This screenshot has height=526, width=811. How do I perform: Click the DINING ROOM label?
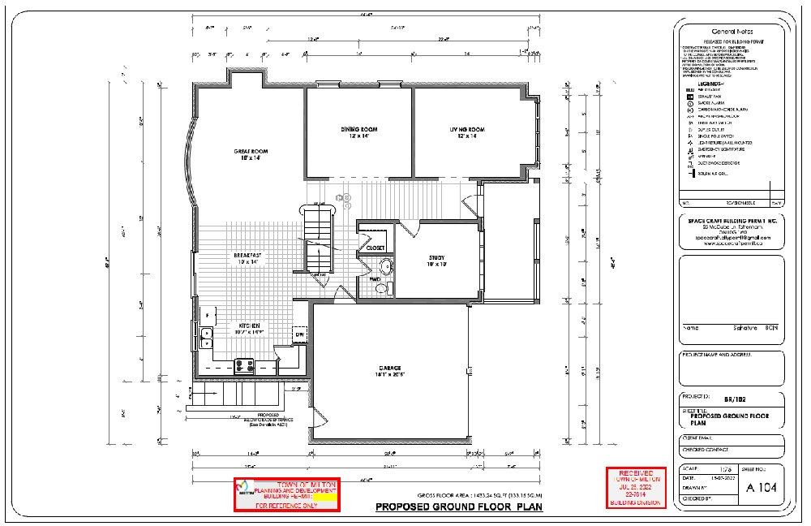coord(358,129)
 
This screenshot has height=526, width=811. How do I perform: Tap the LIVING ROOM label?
coord(467,130)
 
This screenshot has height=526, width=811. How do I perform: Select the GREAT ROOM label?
coord(251,152)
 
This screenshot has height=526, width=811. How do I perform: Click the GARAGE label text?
coord(389,369)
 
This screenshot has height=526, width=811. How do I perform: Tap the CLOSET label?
coord(375,248)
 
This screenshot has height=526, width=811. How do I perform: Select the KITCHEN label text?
coord(249,325)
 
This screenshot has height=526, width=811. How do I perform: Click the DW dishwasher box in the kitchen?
coord(299,334)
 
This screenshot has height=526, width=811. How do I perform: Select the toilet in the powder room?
coord(382,287)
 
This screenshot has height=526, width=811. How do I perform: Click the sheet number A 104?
coord(761,488)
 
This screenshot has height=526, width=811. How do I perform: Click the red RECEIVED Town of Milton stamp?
coord(637,488)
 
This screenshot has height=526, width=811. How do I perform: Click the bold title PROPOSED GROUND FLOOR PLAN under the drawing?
coord(458,508)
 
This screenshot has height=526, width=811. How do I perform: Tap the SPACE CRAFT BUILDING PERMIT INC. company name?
coord(732,222)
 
